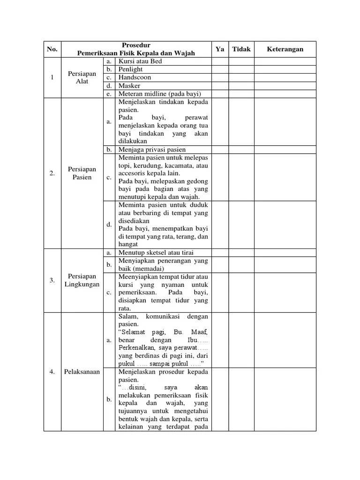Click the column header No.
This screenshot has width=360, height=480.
pos(52,49)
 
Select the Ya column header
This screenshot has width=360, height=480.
pos(220,49)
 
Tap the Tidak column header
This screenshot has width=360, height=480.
pos(241,49)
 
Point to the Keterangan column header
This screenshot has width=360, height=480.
pos(285,49)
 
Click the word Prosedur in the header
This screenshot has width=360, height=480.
pos(135,45)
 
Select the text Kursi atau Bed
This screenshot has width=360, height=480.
pos(140,61)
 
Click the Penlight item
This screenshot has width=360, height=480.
pos(131,69)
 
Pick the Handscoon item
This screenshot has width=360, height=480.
pos(135,77)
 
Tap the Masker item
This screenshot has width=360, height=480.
pos(129,86)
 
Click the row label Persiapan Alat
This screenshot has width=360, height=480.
pos(82,77)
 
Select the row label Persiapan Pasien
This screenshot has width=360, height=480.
pos(82,173)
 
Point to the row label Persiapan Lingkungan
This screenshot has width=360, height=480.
pos(82,280)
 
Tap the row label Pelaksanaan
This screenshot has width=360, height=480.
pos(82,372)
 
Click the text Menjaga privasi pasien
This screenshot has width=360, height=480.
pos(152,150)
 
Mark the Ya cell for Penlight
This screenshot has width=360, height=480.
pos(220,69)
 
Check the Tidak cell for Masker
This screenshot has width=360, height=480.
pos(241,86)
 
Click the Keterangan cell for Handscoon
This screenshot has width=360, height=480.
pos(285,77)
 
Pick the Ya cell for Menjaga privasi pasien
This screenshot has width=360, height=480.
pos(220,150)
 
